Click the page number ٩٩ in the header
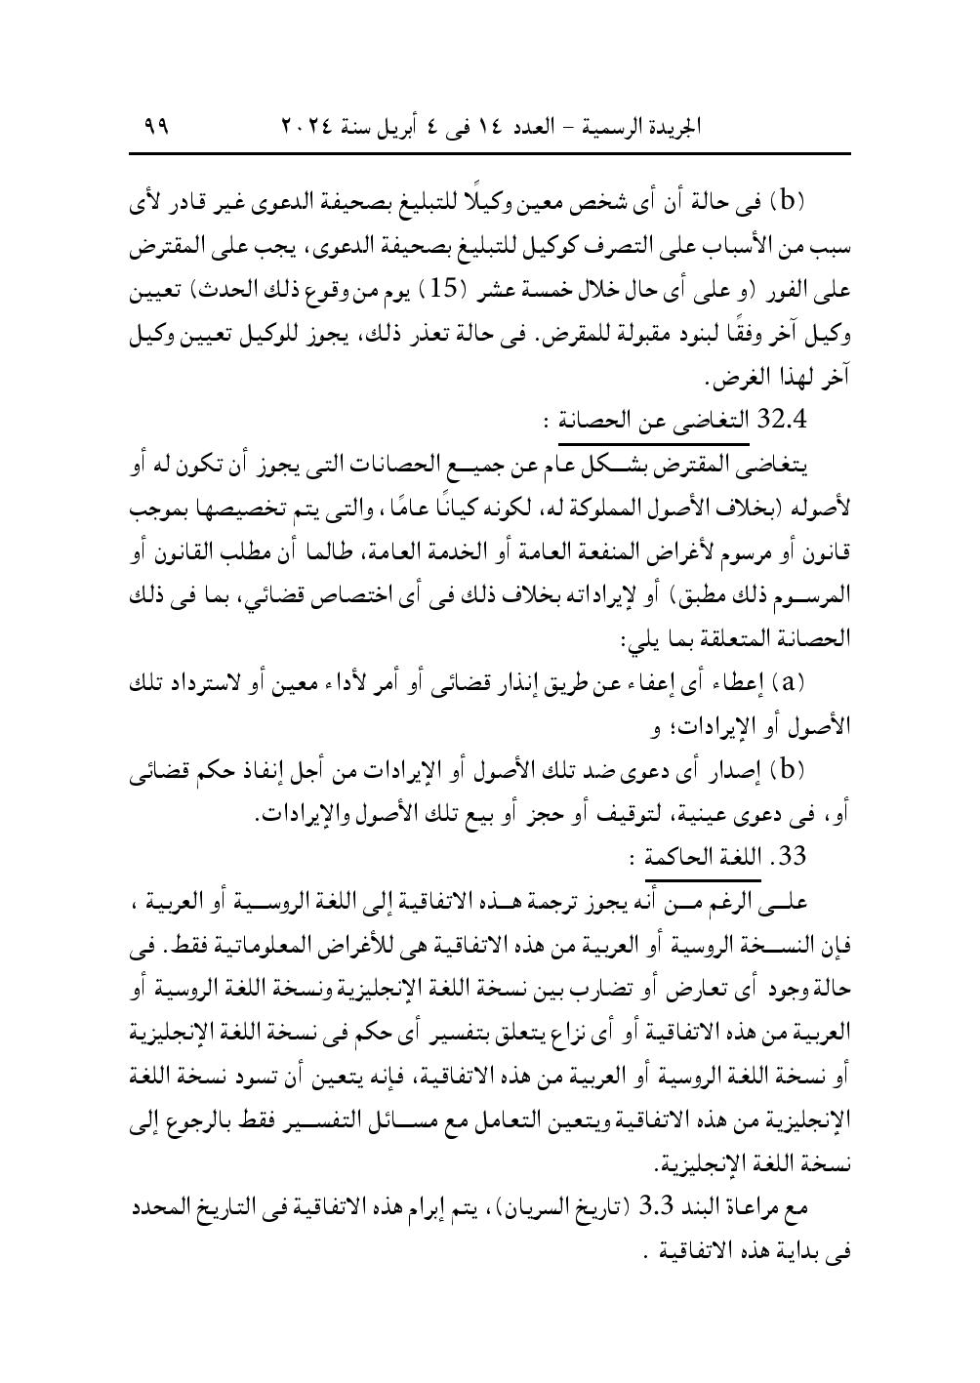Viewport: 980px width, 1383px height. coord(156,126)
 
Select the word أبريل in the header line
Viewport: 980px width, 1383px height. coord(420,127)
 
